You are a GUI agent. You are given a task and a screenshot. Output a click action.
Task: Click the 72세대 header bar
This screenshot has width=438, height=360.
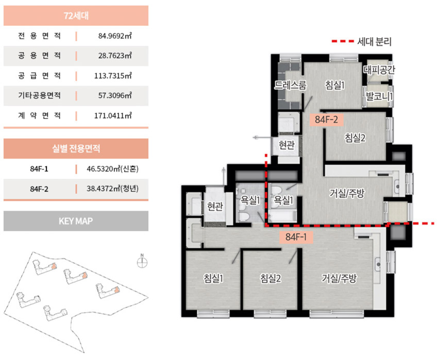click(x=76, y=15)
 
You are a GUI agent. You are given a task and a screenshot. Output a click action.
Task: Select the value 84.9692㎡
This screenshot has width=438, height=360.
click(x=115, y=36)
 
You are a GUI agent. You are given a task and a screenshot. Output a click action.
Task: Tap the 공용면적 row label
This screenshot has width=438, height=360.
click(x=39, y=56)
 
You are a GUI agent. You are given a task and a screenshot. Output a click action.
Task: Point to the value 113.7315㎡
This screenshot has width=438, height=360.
click(x=113, y=76)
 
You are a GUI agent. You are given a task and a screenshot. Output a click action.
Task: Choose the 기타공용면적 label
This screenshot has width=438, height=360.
click(x=39, y=95)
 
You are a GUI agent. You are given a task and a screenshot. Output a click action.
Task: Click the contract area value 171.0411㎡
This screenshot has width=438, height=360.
click(x=113, y=115)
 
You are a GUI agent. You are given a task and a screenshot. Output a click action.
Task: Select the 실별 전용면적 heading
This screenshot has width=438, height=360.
click(x=76, y=148)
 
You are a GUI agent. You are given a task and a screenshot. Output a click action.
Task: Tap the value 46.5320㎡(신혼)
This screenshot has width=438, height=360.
click(x=112, y=169)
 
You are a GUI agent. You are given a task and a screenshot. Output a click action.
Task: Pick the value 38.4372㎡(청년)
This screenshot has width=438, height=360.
click(x=112, y=189)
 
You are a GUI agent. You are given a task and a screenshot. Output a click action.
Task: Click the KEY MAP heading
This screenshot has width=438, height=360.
click(x=76, y=221)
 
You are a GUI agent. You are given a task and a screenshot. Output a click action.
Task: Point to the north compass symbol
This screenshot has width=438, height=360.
click(x=142, y=262)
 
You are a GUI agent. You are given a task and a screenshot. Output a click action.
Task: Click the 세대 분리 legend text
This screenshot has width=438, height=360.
click(x=374, y=42)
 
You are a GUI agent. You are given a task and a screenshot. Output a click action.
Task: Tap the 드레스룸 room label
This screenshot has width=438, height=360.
click(x=290, y=85)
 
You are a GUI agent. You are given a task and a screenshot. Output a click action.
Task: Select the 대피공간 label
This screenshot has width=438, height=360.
click(x=379, y=70)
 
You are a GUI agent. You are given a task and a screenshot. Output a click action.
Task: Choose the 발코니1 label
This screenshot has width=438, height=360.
click(x=379, y=97)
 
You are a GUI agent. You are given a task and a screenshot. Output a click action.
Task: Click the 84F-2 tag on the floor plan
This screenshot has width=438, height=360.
click(x=326, y=119)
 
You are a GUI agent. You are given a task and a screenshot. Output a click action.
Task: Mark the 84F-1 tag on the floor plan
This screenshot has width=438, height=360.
click(x=296, y=237)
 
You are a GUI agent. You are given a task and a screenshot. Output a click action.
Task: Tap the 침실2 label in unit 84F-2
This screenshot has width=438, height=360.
click(x=355, y=138)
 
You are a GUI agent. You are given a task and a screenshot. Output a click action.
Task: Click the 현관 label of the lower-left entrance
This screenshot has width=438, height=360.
click(x=215, y=207)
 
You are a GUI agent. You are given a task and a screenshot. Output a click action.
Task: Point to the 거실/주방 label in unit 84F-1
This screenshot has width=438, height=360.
click(x=339, y=278)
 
